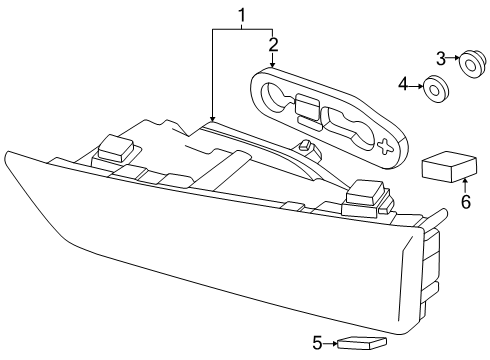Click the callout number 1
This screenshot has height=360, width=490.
(x=242, y=16)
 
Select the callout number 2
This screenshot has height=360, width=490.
(x=273, y=45)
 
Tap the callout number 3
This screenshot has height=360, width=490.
(x=441, y=59)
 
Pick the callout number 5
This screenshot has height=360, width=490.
(x=317, y=343)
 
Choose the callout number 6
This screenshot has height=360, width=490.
(x=466, y=202)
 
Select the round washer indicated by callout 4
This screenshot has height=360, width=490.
(x=435, y=89)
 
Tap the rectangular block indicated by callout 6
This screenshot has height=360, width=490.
(x=449, y=167)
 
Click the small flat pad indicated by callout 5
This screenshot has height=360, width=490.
(x=362, y=343)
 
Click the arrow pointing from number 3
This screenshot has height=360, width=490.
(x=453, y=58)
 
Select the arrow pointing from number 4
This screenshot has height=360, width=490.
(x=416, y=86)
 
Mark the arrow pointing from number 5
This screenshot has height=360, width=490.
(x=330, y=343)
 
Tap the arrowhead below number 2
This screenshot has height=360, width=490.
(x=273, y=65)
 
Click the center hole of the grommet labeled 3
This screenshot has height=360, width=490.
(x=469, y=65)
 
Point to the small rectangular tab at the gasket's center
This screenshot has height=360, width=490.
(x=307, y=104)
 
